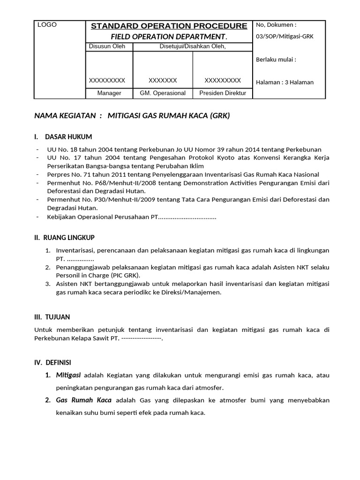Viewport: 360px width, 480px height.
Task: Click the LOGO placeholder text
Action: [47, 25]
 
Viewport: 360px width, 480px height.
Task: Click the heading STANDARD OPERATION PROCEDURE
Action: [169, 26]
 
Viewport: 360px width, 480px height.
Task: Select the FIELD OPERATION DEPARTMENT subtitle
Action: [169, 37]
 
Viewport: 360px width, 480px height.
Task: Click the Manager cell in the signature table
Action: [109, 93]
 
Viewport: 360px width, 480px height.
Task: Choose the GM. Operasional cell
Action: [163, 93]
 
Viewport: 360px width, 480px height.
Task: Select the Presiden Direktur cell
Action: [223, 93]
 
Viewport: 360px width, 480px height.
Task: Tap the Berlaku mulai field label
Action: [276, 60]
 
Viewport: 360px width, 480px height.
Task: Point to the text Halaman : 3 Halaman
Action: [285, 82]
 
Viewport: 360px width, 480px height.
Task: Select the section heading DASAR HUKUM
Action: [68, 137]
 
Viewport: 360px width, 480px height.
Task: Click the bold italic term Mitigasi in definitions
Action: [68, 375]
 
